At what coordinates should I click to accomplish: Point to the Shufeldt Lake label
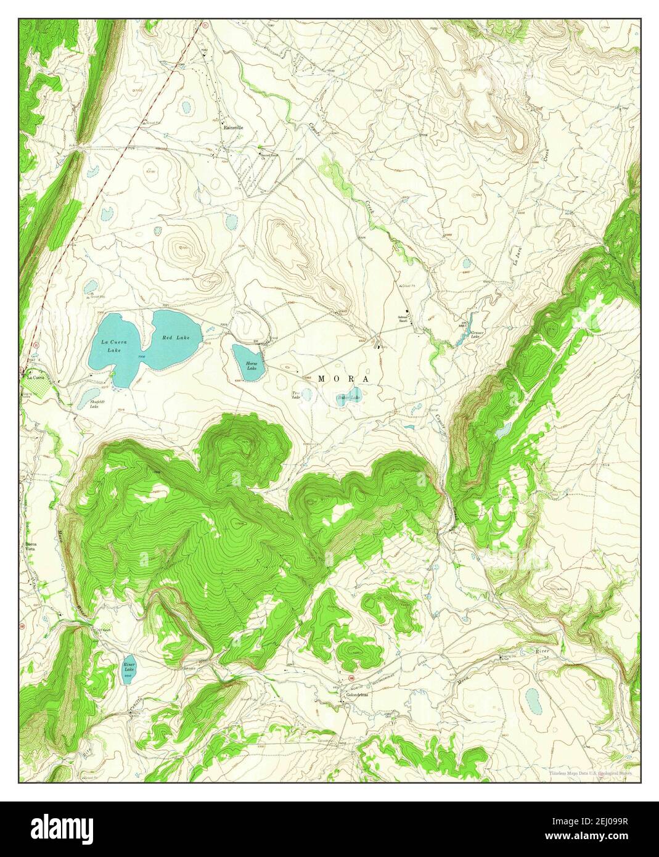94,404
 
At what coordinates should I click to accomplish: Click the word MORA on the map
344,379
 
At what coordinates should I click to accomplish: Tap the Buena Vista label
31,547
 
